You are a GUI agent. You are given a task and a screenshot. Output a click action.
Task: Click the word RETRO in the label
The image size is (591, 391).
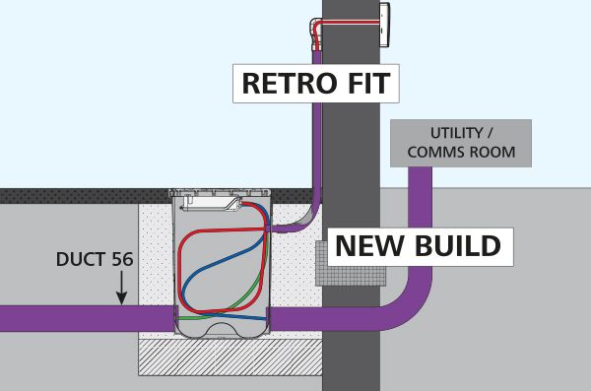(x=290, y=84)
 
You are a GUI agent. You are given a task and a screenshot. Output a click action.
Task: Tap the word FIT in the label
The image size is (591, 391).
(x=369, y=84)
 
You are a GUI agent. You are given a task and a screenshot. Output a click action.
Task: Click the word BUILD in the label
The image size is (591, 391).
(x=458, y=246)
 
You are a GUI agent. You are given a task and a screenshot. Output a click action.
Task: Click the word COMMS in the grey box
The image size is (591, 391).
(x=434, y=153)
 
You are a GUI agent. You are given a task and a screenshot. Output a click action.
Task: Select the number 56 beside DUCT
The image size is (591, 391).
(x=122, y=259)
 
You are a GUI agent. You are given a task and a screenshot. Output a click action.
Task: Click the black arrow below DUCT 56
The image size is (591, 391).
(x=121, y=288)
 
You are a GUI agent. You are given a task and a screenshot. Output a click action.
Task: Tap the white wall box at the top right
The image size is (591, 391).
(x=384, y=25)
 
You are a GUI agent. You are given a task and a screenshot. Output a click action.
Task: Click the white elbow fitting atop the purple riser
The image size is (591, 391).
(x=316, y=33)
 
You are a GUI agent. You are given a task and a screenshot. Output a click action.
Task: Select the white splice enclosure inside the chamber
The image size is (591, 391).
(x=211, y=204)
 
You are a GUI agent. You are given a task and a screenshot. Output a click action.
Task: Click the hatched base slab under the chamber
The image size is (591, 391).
(x=230, y=358)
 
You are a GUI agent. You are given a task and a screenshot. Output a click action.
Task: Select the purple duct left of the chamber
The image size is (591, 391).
(x=87, y=318)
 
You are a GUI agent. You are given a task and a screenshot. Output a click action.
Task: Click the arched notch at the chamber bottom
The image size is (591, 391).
(x=223, y=329)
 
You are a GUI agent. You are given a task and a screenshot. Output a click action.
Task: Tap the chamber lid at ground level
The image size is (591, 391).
(x=220, y=193)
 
